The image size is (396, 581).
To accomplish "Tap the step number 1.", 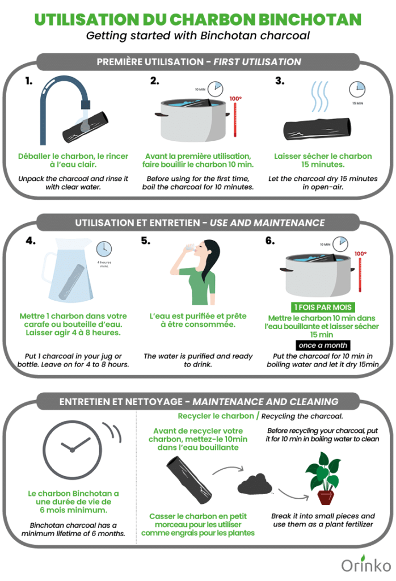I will [29, 81].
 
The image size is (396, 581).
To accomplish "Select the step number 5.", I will [146, 241].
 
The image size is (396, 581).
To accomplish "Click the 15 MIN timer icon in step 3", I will [357, 89].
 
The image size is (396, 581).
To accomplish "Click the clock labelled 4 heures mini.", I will [104, 249].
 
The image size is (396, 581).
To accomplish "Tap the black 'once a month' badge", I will [323, 345].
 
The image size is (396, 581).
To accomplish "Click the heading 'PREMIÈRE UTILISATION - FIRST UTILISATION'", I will [198, 61].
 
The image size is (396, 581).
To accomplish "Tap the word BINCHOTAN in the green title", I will [310, 20].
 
